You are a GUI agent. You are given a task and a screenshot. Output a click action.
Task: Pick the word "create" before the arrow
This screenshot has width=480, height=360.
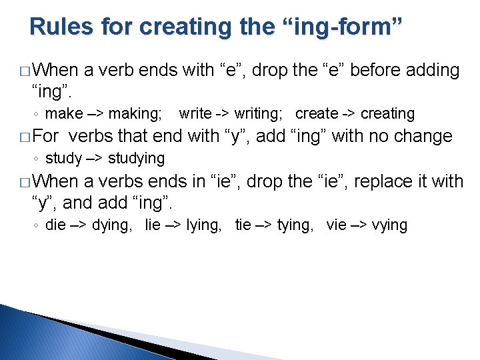click(x=316, y=114)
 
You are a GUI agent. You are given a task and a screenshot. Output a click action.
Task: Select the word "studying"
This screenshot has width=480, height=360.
click(x=136, y=159)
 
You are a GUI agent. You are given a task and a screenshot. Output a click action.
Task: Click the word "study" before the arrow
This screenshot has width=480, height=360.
click(x=63, y=159)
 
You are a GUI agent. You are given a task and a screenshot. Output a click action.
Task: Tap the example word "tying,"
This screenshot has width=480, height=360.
click(x=295, y=225)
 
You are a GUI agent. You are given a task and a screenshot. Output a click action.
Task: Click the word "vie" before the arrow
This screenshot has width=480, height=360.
click(x=337, y=225)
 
